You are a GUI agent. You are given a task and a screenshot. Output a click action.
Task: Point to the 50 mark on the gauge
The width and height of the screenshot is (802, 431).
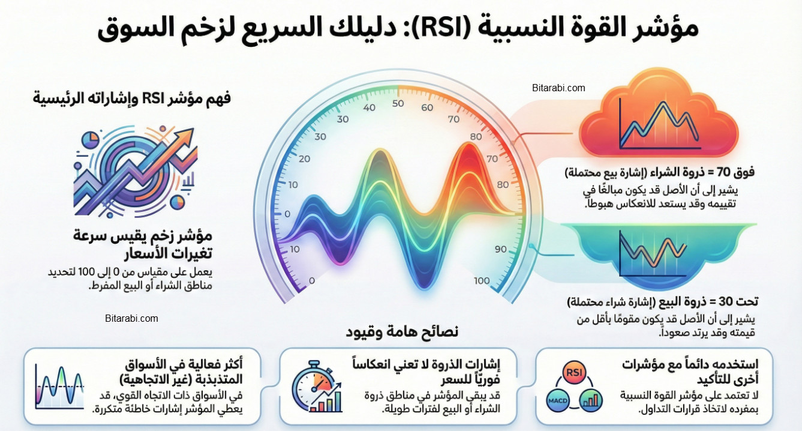(398, 103)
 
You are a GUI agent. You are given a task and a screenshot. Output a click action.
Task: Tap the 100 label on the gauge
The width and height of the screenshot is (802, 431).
(482, 280)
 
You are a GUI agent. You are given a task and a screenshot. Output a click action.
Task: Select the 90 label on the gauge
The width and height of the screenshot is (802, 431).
(501, 249)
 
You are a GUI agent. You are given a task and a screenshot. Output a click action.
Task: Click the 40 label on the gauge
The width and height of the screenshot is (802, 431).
(370, 107)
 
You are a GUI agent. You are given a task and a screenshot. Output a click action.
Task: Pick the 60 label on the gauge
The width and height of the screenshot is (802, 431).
(427, 107)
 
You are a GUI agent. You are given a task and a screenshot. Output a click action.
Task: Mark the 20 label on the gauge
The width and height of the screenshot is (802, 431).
(304, 159)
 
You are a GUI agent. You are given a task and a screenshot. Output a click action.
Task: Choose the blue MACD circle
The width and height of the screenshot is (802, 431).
(555, 400)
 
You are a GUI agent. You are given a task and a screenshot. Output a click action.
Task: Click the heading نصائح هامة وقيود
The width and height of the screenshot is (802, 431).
(402, 331)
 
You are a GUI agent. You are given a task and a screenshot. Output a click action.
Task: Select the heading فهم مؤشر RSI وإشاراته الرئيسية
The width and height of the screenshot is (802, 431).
(132, 98)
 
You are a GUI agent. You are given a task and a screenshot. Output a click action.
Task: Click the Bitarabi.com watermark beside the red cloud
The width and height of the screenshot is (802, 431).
(558, 88)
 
